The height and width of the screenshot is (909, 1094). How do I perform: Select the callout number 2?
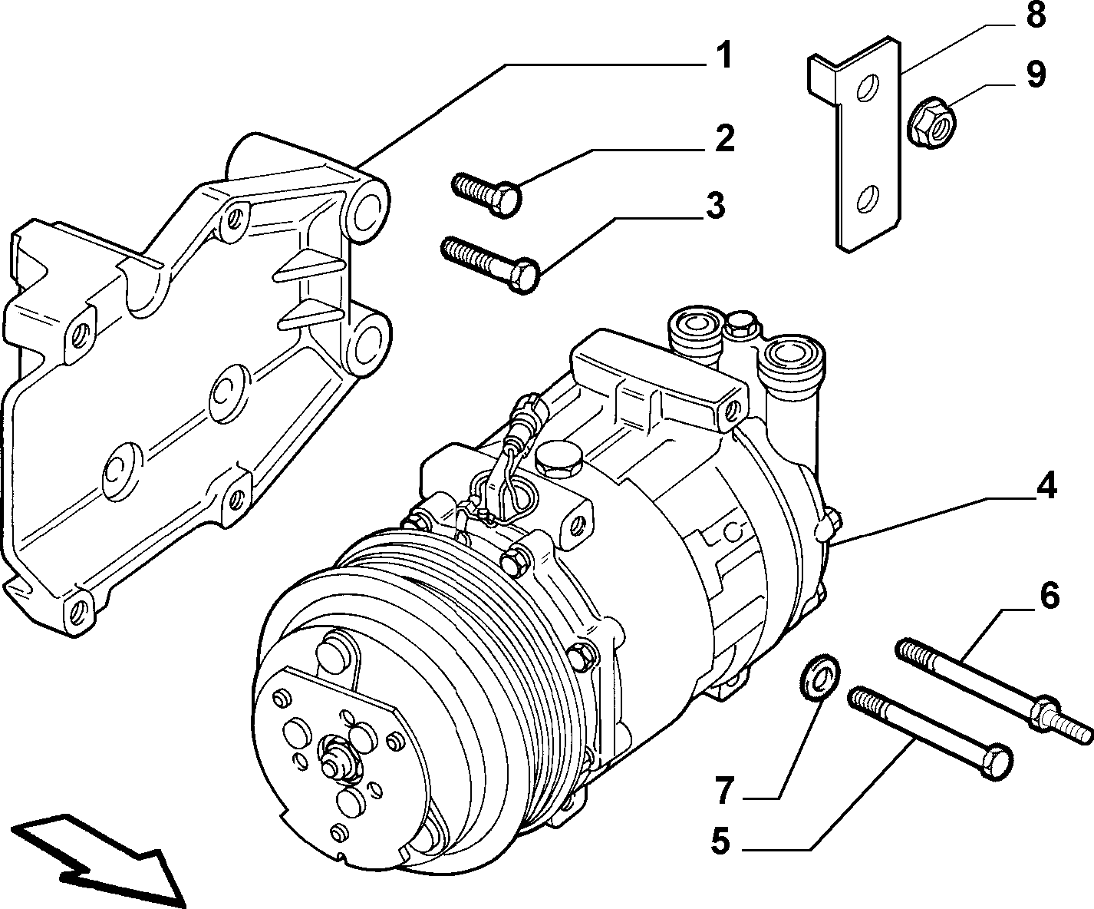point(724,138)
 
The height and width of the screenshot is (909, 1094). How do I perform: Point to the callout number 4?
point(1045,485)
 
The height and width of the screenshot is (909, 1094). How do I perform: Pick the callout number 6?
point(1049,596)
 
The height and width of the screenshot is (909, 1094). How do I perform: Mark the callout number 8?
point(1036,15)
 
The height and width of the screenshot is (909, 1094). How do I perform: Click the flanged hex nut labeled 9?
point(931,121)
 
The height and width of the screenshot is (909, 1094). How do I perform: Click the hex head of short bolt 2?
point(506,200)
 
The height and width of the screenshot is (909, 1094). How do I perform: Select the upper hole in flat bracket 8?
point(868,88)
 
